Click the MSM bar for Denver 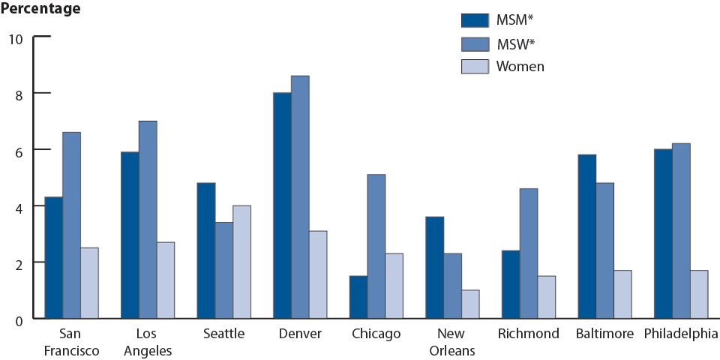(282, 205)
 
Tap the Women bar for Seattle (241, 262)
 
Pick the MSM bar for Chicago (358, 297)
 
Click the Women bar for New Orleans (470, 304)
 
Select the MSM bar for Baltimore (587, 236)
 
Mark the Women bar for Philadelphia (698, 294)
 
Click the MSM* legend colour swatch (475, 20)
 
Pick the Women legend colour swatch (475, 67)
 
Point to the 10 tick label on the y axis (16, 37)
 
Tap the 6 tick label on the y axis (20, 150)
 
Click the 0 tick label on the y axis (20, 319)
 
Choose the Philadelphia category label (679, 334)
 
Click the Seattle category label (223, 334)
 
